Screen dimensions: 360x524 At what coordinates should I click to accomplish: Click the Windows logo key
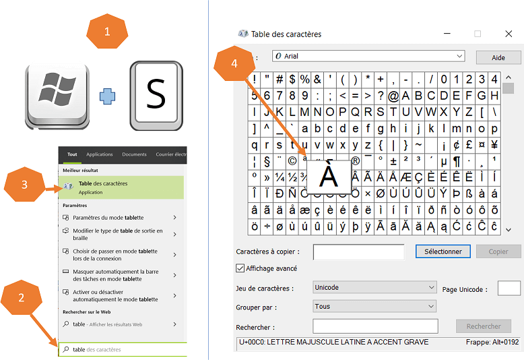pos(57,95)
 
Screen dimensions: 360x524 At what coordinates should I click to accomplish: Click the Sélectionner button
pos(443,251)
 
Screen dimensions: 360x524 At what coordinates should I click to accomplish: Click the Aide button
pos(498,57)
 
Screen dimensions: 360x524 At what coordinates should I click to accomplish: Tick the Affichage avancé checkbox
pos(240,268)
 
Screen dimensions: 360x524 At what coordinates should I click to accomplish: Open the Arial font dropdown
pos(368,56)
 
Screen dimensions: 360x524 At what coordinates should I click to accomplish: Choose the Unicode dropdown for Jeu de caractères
pos(374,287)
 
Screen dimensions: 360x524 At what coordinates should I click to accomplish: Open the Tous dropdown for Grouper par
pos(374,306)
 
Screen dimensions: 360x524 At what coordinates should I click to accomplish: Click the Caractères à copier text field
pos(358,252)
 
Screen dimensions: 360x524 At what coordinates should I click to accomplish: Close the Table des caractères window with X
pos(509,34)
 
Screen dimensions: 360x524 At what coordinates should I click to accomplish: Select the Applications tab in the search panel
pos(100,154)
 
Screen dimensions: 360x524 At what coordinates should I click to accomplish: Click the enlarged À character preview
pos(328,176)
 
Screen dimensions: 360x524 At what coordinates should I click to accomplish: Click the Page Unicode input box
pos(509,289)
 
